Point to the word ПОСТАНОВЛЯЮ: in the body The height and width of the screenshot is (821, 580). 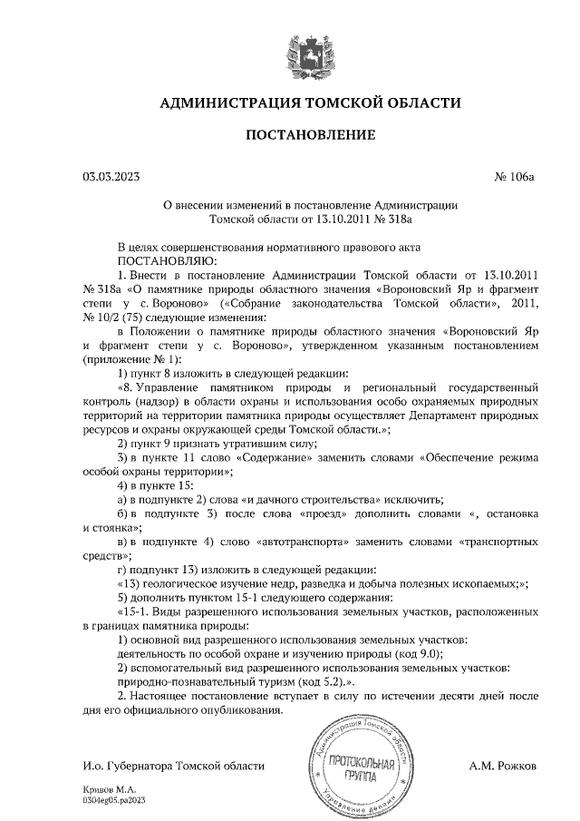[x=130, y=259]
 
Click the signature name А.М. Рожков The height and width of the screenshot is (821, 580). [x=503, y=766]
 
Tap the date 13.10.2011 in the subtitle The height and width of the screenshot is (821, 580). [x=324, y=218]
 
